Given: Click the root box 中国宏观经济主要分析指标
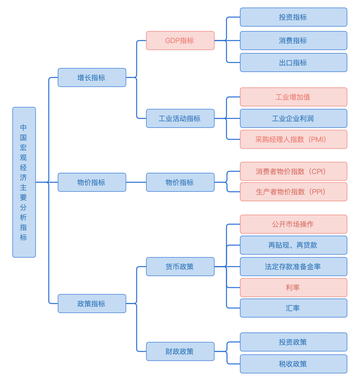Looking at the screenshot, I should point(24,182).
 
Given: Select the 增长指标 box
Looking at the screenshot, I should point(92,77).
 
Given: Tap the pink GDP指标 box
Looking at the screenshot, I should point(180,41).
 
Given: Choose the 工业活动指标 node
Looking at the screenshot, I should point(180,119).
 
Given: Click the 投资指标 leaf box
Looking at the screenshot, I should point(293,17).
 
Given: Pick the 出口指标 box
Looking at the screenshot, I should point(293,63).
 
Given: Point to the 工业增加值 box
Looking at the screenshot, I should point(293,97).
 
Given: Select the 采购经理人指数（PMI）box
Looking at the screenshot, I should point(293,139).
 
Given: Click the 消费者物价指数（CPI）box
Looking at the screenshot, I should point(293,171).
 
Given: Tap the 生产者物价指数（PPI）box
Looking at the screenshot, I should point(293,192).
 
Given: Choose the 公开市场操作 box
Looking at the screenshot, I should point(293,224).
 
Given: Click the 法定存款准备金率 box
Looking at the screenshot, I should point(293,267).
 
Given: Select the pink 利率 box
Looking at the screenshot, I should point(293,288).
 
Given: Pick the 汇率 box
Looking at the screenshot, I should point(293,308).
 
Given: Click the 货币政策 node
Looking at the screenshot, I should point(180,267).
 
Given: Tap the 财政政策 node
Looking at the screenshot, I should point(180,351).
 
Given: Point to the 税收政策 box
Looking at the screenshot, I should point(293,364).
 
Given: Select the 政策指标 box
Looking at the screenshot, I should point(92,303).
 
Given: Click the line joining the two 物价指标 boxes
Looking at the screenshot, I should point(136,182).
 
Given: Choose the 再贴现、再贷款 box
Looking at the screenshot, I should point(293,245).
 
